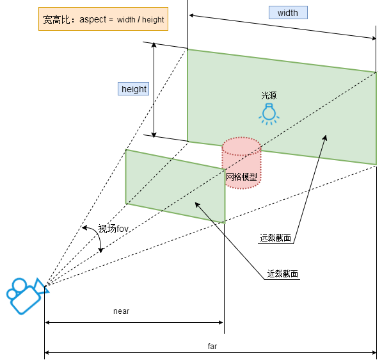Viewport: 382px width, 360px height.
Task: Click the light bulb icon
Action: pos(269,113)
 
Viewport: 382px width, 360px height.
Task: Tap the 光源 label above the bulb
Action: pos(269,95)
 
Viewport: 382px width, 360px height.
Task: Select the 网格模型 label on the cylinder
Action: pos(241,177)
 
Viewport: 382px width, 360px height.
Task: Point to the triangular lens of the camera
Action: pos(42,286)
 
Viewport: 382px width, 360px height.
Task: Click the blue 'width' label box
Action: pos(288,13)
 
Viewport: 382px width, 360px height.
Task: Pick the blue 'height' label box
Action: pos(134,89)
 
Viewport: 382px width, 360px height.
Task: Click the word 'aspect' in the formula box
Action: pos(93,20)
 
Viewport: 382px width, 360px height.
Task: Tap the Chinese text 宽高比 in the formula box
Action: pos(56,20)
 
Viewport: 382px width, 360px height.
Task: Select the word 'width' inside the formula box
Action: pos(126,20)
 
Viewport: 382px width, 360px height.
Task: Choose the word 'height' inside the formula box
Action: pos(153,20)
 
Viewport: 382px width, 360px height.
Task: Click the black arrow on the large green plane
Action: pos(322,146)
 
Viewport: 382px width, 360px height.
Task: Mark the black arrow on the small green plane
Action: pos(204,212)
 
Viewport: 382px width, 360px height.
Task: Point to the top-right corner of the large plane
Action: pos(376,72)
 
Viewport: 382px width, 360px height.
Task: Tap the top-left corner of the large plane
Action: pos(187,49)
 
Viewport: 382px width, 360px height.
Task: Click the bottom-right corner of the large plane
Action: pos(376,165)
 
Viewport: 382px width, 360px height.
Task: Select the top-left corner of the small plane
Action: pos(125,149)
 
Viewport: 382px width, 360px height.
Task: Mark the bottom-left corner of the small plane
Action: pos(125,204)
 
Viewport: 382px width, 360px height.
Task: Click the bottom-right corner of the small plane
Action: pos(225,224)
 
